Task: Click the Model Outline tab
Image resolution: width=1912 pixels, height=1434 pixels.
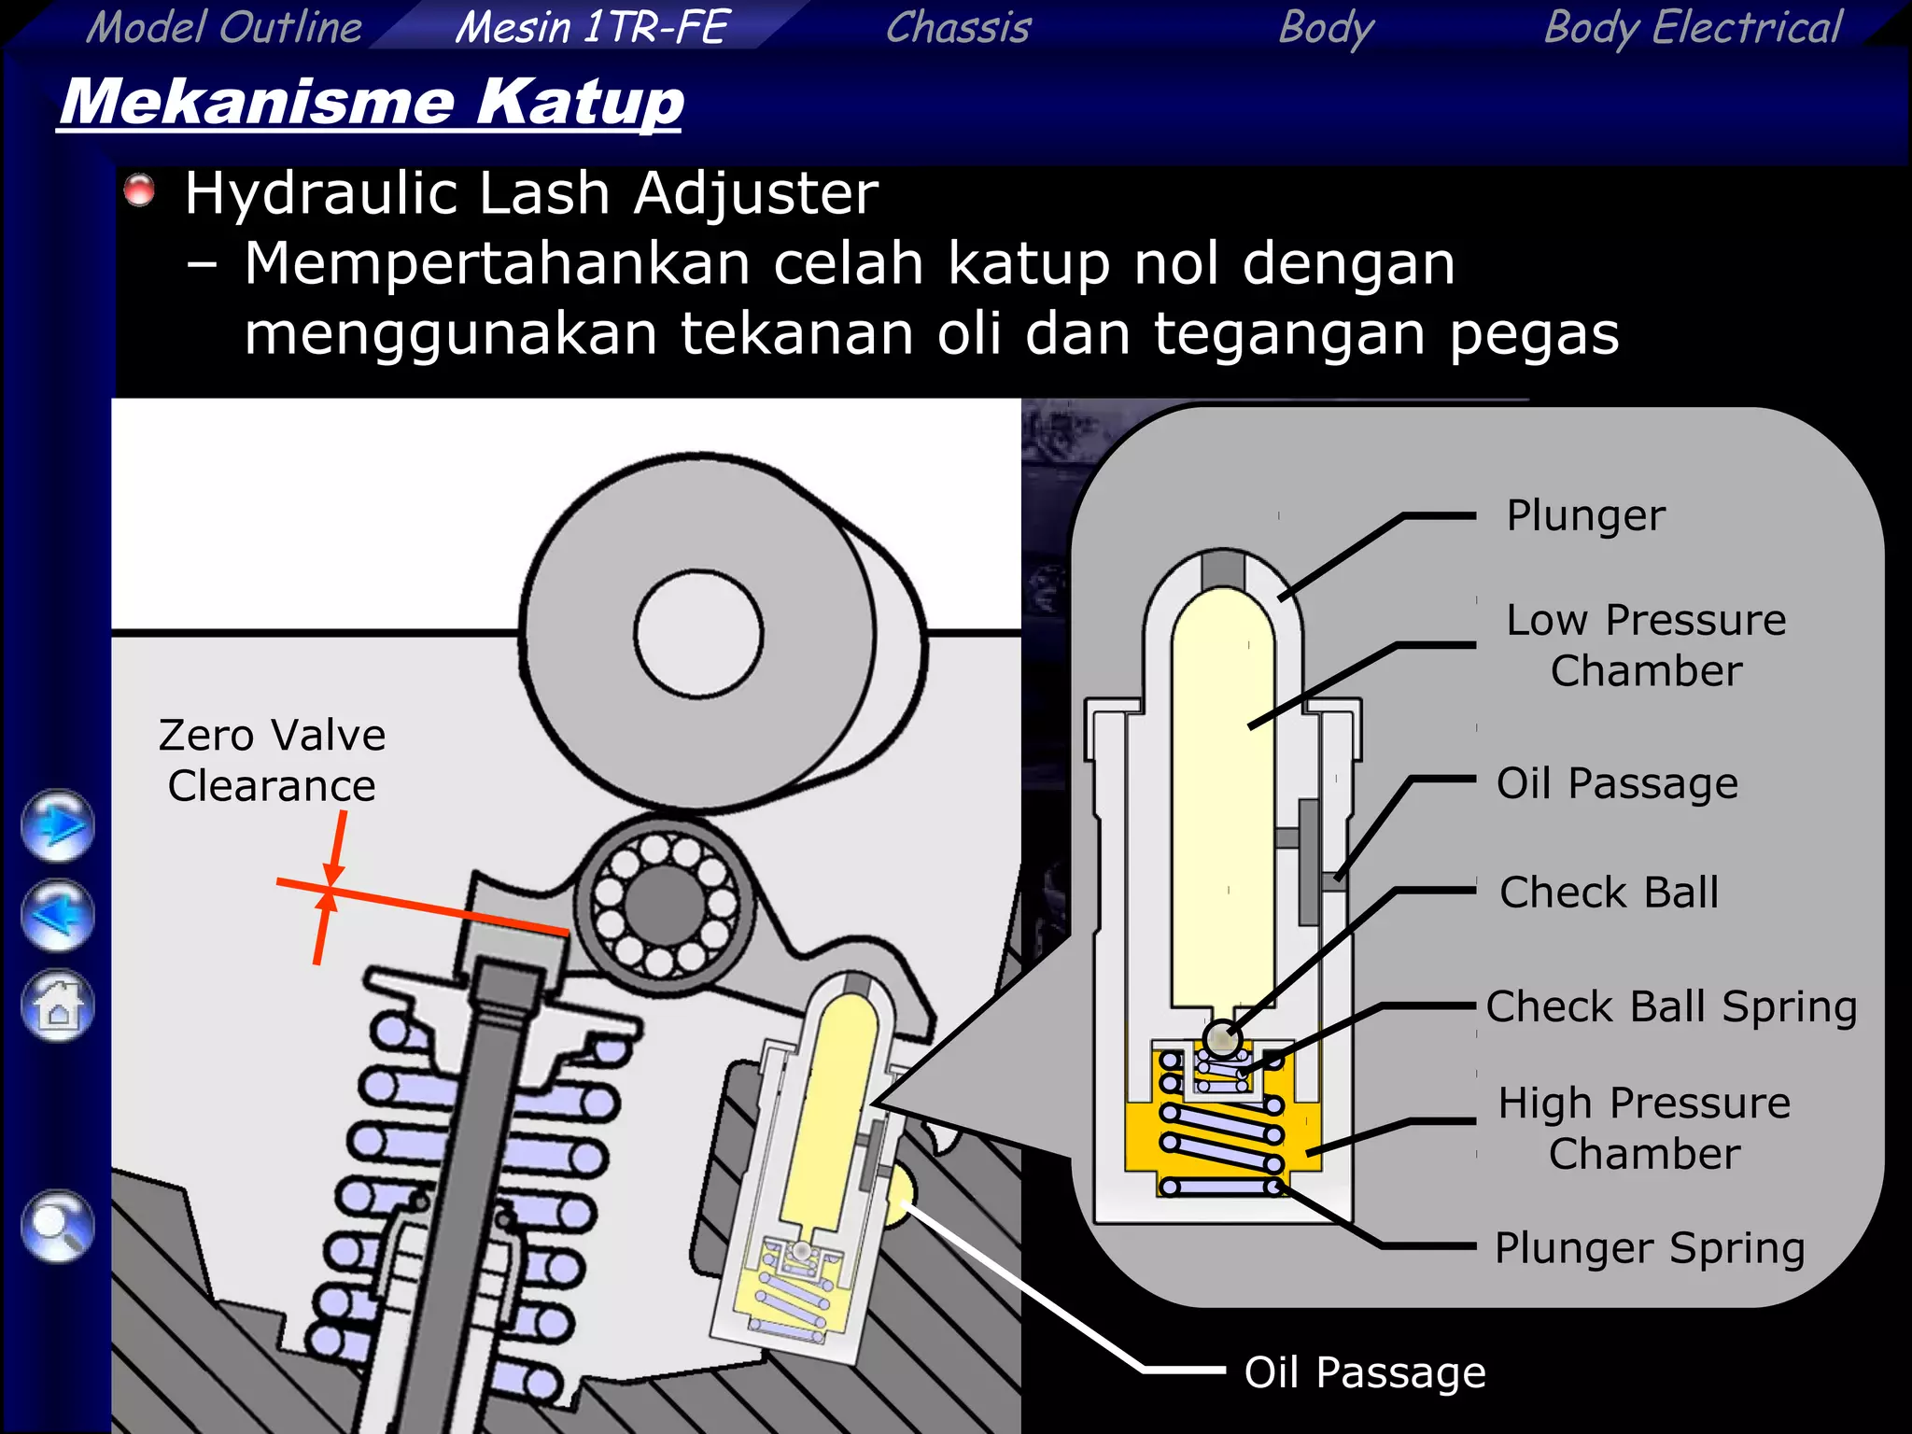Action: pyautogui.click(x=224, y=26)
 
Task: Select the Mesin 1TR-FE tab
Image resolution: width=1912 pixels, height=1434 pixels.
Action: pyautogui.click(x=591, y=26)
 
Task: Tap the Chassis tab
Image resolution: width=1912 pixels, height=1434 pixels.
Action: pyautogui.click(x=958, y=26)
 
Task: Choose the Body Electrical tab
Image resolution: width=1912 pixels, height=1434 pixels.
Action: pyautogui.click(x=1693, y=26)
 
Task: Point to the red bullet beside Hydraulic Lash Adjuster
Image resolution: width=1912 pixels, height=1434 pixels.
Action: pyautogui.click(x=140, y=190)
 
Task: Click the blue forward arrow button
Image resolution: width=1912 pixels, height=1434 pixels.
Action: pyautogui.click(x=58, y=825)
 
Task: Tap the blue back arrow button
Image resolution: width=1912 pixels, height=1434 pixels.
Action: pyautogui.click(x=58, y=915)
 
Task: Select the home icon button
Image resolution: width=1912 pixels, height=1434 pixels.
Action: pyautogui.click(x=58, y=1006)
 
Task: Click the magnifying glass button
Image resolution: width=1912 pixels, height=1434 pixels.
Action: pyautogui.click(x=58, y=1226)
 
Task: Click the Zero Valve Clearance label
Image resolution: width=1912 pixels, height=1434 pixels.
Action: pyautogui.click(x=272, y=760)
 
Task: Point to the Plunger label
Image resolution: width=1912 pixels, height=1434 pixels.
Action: pyautogui.click(x=1585, y=515)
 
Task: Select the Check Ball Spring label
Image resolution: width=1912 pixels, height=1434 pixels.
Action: pyautogui.click(x=1671, y=1006)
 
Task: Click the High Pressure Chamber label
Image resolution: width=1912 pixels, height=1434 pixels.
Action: pyautogui.click(x=1644, y=1128)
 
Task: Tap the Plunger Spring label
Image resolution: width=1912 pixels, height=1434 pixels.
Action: pyautogui.click(x=1650, y=1247)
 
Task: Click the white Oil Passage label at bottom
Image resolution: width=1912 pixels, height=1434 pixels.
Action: pyautogui.click(x=1364, y=1372)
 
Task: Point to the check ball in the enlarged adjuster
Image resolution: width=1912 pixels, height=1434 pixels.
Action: pyautogui.click(x=1220, y=1037)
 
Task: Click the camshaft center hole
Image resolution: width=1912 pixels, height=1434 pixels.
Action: pyautogui.click(x=698, y=633)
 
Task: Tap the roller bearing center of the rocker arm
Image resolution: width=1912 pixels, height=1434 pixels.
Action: pyautogui.click(x=665, y=903)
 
